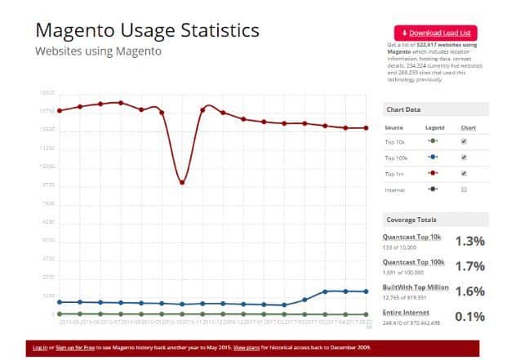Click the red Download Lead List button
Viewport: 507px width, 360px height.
click(x=436, y=32)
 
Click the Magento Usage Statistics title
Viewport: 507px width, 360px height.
click(x=147, y=30)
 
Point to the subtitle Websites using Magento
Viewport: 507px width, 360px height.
click(x=98, y=51)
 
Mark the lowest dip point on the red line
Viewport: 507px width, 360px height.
click(x=182, y=182)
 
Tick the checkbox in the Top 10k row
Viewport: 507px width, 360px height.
click(x=464, y=141)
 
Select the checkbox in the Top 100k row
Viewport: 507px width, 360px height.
click(x=464, y=157)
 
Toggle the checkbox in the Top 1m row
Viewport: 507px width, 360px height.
click(x=464, y=173)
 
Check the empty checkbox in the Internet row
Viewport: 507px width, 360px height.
click(x=464, y=189)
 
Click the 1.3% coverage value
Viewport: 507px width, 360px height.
click(x=470, y=241)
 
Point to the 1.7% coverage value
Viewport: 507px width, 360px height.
click(x=470, y=266)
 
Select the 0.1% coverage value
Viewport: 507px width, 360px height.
click(x=470, y=316)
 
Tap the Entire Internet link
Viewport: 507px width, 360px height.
click(x=404, y=312)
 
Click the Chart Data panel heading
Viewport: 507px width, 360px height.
click(x=403, y=110)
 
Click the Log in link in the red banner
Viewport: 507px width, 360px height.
click(x=39, y=347)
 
